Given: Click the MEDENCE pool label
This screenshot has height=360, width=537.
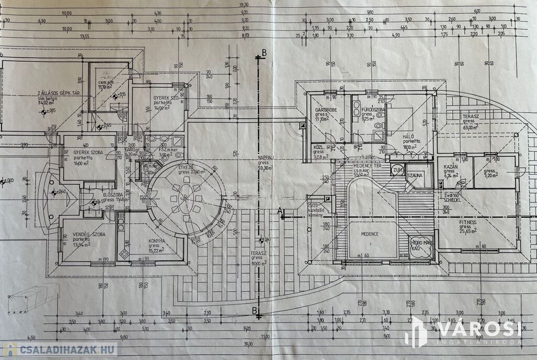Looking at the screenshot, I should point(370,234).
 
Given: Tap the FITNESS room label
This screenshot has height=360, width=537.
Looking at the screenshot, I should point(468,222).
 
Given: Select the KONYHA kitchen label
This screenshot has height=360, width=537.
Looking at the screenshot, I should point(157,241).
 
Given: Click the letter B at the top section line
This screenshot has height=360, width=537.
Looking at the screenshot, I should point(264,53).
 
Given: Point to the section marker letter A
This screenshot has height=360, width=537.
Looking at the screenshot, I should point(280,211).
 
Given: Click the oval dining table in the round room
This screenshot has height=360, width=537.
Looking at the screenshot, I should point(185,198).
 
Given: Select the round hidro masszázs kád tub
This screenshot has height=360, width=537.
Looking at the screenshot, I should point(421,247).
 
